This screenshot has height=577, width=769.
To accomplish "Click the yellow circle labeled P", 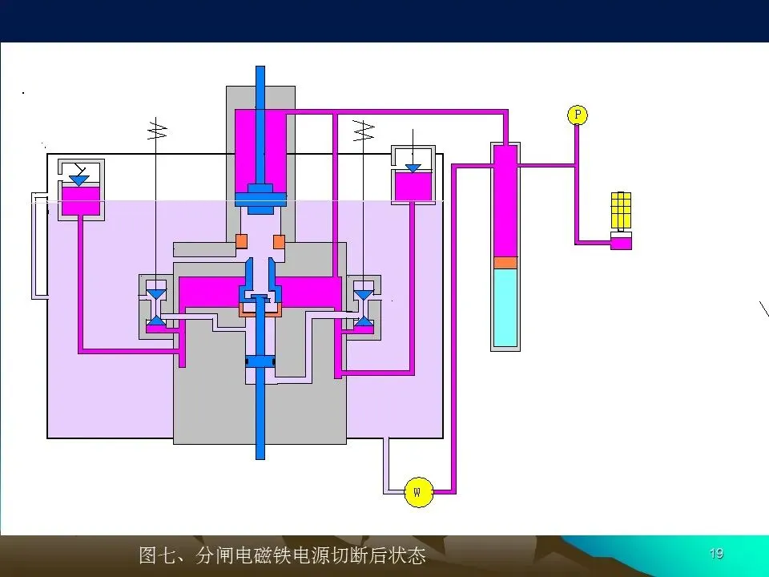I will coord(577,115).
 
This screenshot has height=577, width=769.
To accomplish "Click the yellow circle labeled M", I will coord(417,490).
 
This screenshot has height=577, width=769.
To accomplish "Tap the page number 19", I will coord(716,553).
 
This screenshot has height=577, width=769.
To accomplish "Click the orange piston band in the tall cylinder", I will coord(505,262).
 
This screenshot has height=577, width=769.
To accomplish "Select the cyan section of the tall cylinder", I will coord(505,306).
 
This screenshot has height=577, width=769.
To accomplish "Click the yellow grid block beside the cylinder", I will coord(621,210).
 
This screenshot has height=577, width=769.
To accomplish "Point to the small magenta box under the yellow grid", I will coord(621,241).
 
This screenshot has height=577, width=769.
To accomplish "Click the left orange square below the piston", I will coord(241,240).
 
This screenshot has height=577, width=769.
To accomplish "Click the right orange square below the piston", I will coord(279,240).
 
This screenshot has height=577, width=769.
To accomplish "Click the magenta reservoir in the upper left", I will coord(80,200).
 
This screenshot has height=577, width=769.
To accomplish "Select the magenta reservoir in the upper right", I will coord(413,186).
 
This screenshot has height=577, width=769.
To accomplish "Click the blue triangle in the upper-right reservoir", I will coord(413,168).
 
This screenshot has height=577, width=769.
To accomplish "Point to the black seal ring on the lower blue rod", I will coord(260,363).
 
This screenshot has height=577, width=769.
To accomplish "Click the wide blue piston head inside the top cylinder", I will coord(260,192).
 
